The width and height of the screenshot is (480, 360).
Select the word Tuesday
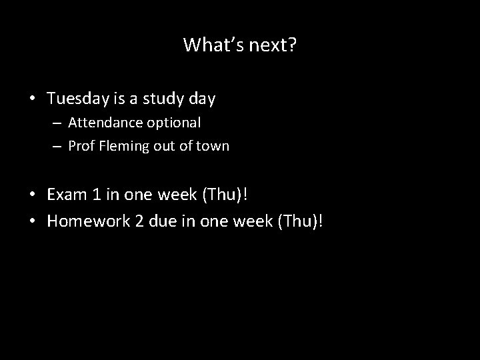pos(76,99)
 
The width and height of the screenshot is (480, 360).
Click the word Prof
pos(81,146)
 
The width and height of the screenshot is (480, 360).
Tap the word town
pos(213,146)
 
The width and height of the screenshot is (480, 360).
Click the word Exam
pos(66,195)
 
